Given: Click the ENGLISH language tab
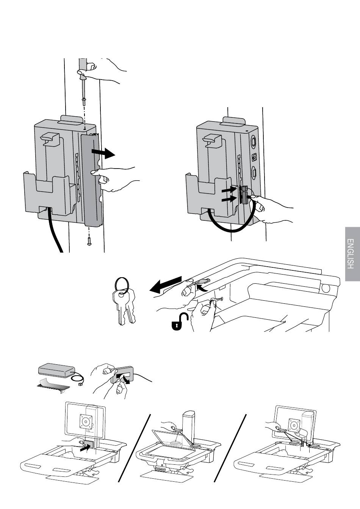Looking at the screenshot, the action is coord(352,254).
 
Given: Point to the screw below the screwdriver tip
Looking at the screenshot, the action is coord(83,101).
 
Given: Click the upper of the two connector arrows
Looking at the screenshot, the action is coord(229,189).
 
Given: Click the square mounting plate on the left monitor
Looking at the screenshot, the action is coord(86,421).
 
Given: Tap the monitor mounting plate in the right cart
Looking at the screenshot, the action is coord(294,425).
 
